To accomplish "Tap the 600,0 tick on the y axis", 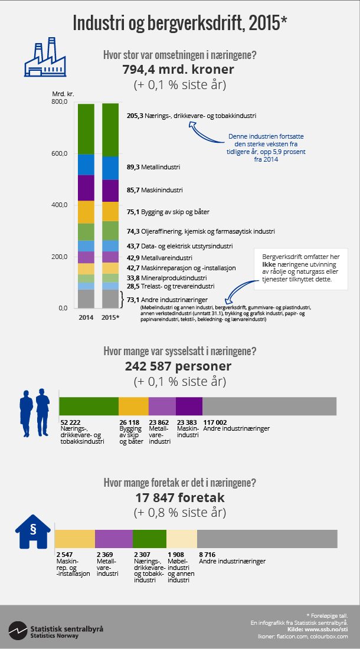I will click(60, 153).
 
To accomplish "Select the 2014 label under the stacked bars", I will click(86, 317).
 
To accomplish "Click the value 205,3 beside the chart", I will click(135, 116).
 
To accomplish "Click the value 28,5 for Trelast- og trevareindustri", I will click(133, 286).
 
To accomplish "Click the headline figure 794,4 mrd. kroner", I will click(178, 70).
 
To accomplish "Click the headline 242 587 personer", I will click(178, 366).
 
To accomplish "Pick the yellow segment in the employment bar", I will click(133, 406).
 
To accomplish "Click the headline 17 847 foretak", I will click(178, 497).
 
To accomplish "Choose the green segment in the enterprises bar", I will click(149, 539).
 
